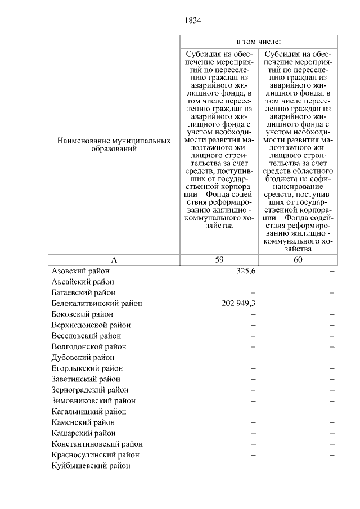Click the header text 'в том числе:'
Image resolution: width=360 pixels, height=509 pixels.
259,42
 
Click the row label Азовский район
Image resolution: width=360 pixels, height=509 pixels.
80,271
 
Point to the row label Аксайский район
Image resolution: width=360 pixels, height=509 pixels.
82,282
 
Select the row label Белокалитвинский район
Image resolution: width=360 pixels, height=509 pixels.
96,303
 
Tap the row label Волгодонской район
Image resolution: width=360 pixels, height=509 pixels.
88,346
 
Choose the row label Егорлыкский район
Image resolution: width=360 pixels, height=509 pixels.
87,368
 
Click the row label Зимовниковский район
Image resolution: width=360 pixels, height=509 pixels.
93,401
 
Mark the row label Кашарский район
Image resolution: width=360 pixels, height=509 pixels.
83,433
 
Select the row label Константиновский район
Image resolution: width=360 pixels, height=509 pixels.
97,444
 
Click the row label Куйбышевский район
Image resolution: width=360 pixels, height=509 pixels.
91,466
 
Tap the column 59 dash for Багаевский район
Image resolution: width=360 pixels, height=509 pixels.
253,292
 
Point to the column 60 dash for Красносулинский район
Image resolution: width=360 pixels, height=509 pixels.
332,455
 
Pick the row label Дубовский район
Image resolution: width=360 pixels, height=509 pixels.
83,357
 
